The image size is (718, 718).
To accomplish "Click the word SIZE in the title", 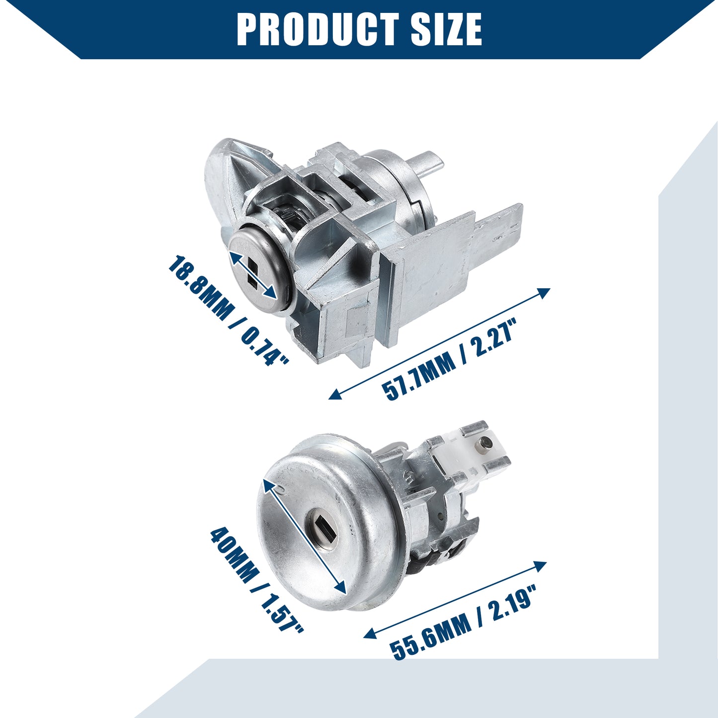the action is coord(446,29).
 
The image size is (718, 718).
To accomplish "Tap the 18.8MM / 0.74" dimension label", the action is coord(229,311).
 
